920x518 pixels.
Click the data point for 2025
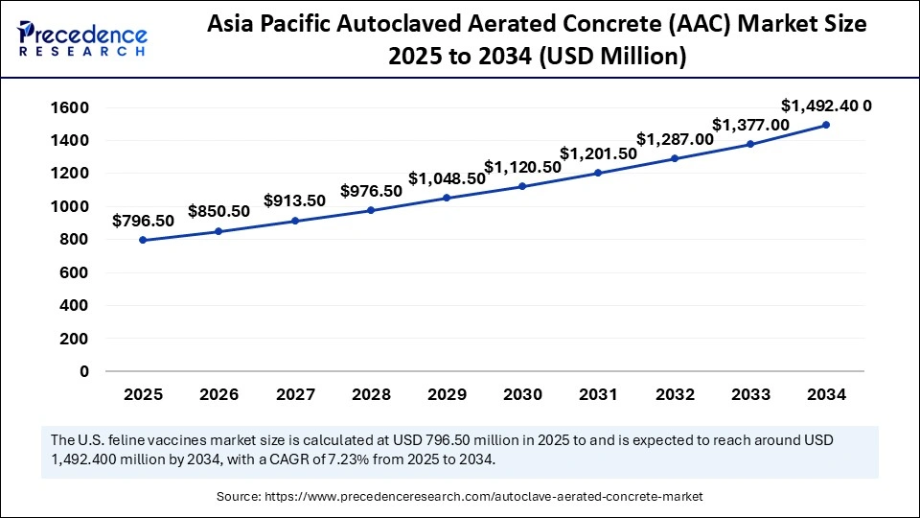coord(143,240)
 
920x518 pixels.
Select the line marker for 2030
coord(522,186)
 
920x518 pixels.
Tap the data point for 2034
coord(825,125)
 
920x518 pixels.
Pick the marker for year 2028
coord(371,210)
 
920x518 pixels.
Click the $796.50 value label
coord(143,221)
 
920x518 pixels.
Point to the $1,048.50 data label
coord(447,178)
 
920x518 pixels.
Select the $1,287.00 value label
coord(675,138)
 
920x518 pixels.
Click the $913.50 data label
coord(295,200)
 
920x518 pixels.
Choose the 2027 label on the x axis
coord(295,394)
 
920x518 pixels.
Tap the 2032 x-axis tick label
coord(675,394)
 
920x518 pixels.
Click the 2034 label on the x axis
coord(825,394)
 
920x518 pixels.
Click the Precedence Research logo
coord(82,38)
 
